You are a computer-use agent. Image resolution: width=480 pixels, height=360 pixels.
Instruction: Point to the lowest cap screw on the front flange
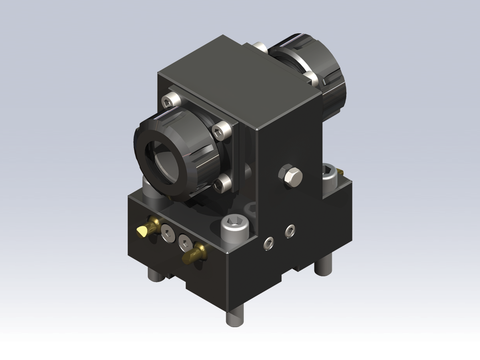(x=222, y=183)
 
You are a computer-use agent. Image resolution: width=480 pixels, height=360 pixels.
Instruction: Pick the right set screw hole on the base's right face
(x=290, y=231)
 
